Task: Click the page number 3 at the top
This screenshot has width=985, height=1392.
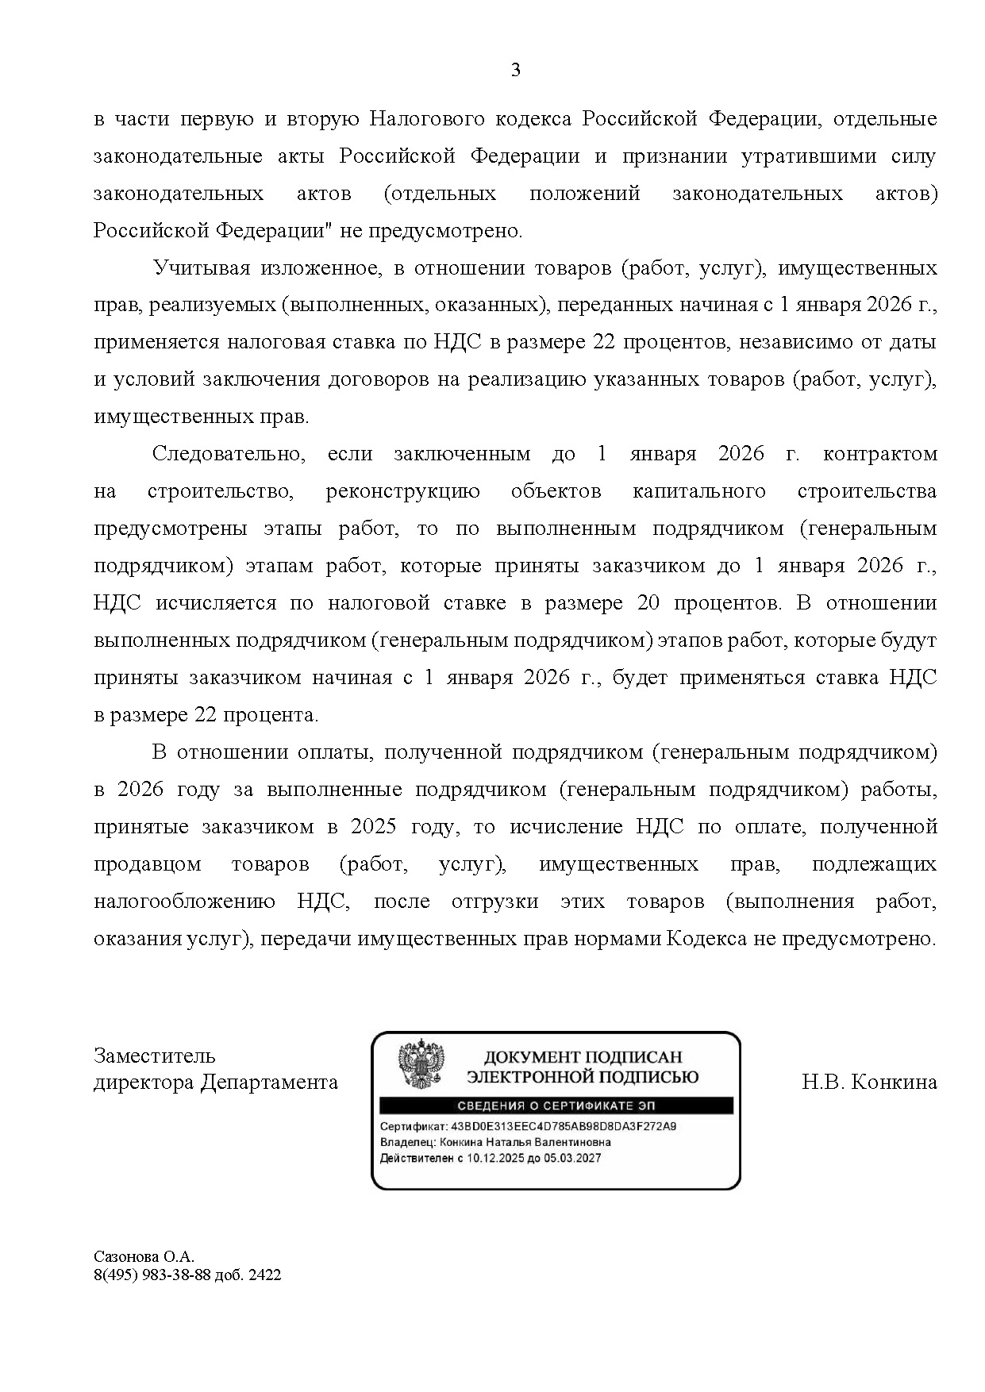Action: pyautogui.click(x=515, y=71)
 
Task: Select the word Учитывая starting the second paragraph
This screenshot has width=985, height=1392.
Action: pyautogui.click(x=200, y=268)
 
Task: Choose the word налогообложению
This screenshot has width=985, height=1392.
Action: pyautogui.click(x=184, y=902)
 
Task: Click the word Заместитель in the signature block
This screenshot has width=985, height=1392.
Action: pyautogui.click(x=154, y=1056)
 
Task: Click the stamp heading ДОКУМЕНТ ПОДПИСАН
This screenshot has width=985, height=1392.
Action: pyautogui.click(x=583, y=1057)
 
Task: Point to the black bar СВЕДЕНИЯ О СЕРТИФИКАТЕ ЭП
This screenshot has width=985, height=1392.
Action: pyautogui.click(x=556, y=1106)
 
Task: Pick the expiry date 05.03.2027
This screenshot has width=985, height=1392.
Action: pyautogui.click(x=574, y=1158)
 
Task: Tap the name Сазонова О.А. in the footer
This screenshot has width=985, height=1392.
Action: pyautogui.click(x=144, y=1257)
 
